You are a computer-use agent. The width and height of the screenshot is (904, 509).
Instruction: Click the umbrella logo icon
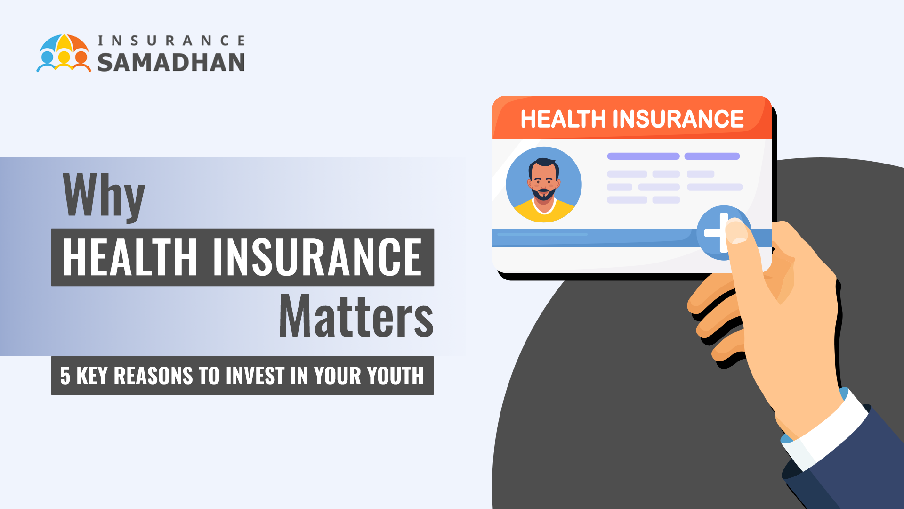pyautogui.click(x=64, y=53)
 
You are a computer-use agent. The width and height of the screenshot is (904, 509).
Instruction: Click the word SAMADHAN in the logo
pyautogui.click(x=171, y=63)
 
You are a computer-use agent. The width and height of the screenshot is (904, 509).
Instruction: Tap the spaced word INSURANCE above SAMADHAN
pyautogui.click(x=171, y=41)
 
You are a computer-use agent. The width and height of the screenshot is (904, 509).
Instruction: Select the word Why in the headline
pyautogui.click(x=104, y=197)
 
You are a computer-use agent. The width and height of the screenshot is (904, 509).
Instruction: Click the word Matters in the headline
pyautogui.click(x=356, y=316)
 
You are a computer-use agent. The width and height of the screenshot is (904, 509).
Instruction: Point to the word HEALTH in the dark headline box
pyautogui.click(x=130, y=257)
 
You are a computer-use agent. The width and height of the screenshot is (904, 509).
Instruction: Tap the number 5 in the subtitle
pyautogui.click(x=65, y=376)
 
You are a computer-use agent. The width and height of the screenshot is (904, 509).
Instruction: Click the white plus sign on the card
pyautogui.click(x=718, y=232)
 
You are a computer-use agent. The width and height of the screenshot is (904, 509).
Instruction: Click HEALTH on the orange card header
pyautogui.click(x=563, y=119)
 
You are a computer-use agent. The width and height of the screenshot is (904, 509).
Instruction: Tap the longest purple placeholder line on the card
pyautogui.click(x=643, y=156)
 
